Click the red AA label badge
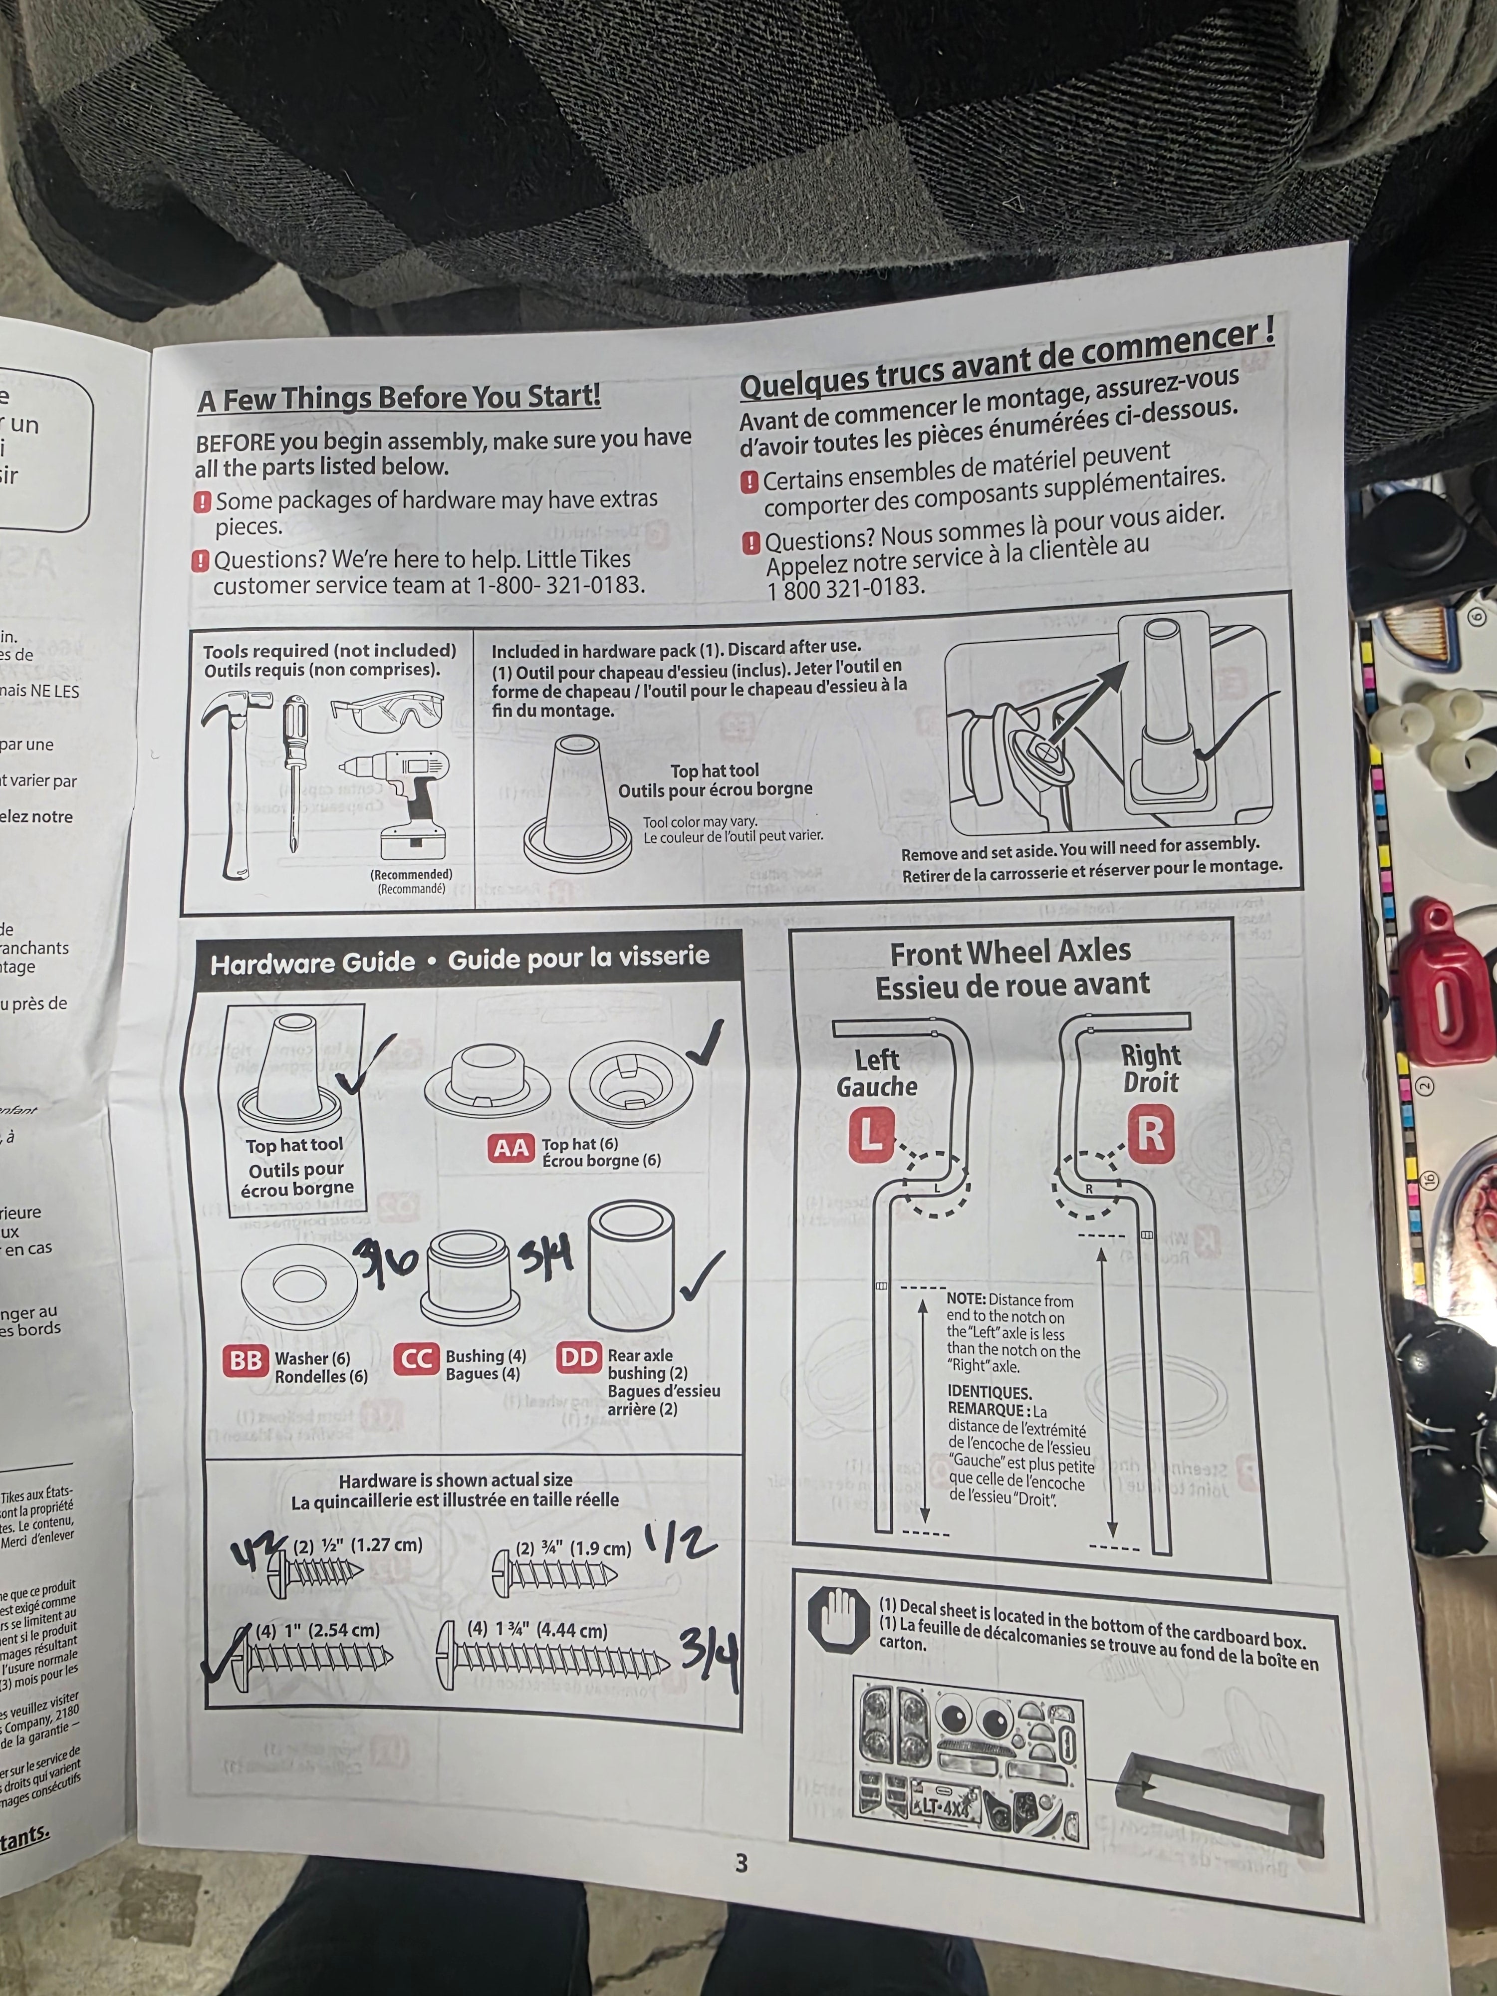[x=511, y=1149]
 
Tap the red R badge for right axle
[x=1151, y=1132]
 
